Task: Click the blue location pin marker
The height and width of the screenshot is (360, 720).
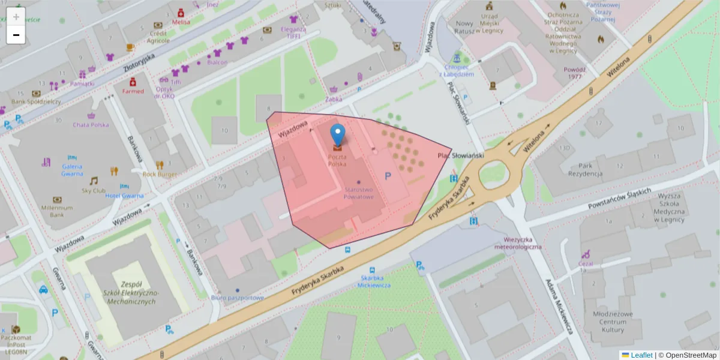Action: pyautogui.click(x=338, y=134)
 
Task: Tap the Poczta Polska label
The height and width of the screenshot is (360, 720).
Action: pyautogui.click(x=337, y=160)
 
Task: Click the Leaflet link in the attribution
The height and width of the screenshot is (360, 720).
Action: pyautogui.click(x=641, y=355)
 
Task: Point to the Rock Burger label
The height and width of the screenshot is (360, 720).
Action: pyautogui.click(x=160, y=175)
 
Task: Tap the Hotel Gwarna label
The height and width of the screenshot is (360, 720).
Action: pyautogui.click(x=124, y=196)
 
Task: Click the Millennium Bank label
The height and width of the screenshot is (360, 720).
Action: pyautogui.click(x=57, y=211)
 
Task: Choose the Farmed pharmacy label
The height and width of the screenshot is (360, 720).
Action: pyautogui.click(x=133, y=91)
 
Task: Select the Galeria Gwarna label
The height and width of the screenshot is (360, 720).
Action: pyautogui.click(x=71, y=170)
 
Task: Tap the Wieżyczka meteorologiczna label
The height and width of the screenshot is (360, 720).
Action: pyautogui.click(x=518, y=243)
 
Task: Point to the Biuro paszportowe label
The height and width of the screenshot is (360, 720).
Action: pyautogui.click(x=238, y=298)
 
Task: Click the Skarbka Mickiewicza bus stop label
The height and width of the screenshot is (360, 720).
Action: pyautogui.click(x=376, y=281)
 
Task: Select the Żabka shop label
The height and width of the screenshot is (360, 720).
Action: pyautogui.click(x=334, y=100)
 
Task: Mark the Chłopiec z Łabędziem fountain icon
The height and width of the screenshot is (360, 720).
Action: pyautogui.click(x=457, y=59)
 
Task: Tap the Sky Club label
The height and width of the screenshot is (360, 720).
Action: pyautogui.click(x=94, y=191)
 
